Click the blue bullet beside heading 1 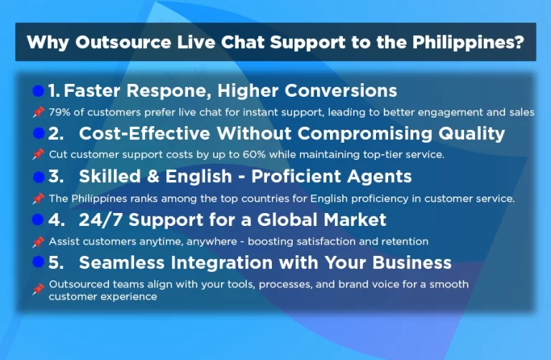(x=39, y=91)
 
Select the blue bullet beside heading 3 (x=39, y=176)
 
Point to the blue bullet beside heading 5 (x=39, y=262)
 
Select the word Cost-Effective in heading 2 (x=146, y=134)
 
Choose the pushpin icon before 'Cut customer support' (x=38, y=154)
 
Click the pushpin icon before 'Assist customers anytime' (x=38, y=241)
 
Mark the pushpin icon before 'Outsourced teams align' (x=38, y=290)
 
